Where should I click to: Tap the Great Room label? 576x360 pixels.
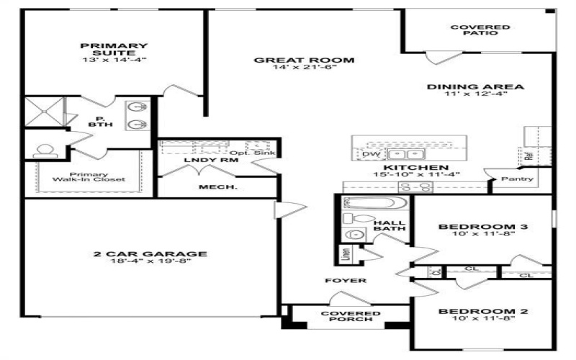pos(304,60)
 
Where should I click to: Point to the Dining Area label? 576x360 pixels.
pos(475,87)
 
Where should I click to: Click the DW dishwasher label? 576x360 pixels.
pos(371,153)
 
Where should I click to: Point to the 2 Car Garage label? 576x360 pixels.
pos(150,253)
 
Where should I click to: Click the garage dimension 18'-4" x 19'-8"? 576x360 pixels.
pos(150,263)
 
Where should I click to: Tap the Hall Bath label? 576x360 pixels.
pos(389,225)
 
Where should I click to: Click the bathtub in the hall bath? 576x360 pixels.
pos(369,204)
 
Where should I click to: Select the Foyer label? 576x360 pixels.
pos(345,280)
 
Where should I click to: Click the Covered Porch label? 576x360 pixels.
pos(350,318)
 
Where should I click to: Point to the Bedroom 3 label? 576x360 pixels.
pos(483,228)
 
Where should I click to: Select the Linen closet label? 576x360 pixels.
pos(346,253)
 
